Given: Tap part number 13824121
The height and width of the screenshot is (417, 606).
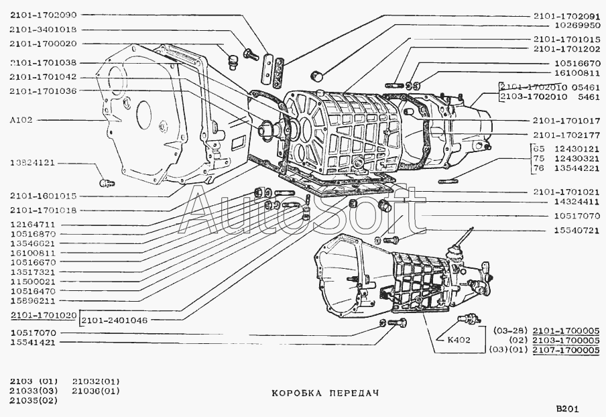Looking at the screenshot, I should point(32,163).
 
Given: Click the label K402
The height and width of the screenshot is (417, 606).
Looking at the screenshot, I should point(459,339).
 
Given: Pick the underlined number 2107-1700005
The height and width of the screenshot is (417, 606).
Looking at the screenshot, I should point(566,350).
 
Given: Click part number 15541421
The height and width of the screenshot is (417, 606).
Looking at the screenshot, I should point(32,342).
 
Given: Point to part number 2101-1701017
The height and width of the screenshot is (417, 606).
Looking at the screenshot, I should point(567,121).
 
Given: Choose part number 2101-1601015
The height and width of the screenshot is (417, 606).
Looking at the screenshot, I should point(43,196).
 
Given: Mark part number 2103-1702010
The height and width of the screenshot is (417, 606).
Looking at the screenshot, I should point(533,97).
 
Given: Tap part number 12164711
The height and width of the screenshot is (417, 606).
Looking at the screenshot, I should point(32,225).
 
